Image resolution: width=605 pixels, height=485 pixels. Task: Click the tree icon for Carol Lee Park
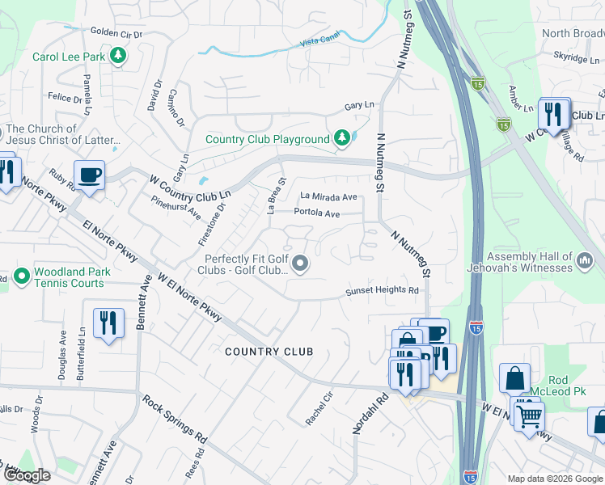click(x=119, y=57)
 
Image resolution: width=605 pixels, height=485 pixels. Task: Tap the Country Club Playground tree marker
click(x=342, y=139)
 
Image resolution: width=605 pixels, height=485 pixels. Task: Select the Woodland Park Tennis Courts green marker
click(x=21, y=277)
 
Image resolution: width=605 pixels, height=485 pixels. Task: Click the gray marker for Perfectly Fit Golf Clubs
click(x=301, y=264)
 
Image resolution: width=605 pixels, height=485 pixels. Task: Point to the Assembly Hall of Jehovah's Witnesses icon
click(x=586, y=261)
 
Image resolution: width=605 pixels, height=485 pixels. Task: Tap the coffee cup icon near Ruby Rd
click(x=89, y=174)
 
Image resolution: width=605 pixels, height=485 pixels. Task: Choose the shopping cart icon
click(x=529, y=415)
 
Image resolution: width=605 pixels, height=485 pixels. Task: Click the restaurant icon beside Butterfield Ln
click(x=108, y=323)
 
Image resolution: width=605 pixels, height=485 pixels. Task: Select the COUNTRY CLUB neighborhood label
click(x=269, y=352)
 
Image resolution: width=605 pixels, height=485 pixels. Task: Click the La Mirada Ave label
click(x=328, y=196)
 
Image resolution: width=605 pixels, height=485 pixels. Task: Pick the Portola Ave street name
click(x=316, y=213)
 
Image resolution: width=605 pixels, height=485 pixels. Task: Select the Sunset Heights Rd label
click(x=383, y=290)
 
